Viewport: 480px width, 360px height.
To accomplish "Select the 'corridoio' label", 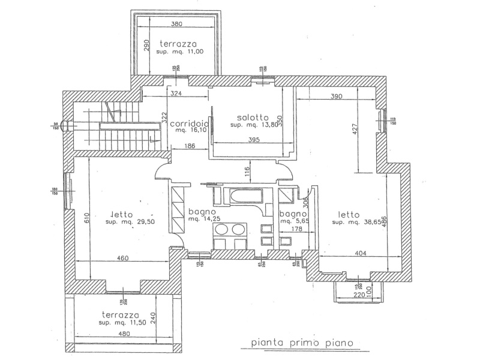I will pyautogui.click(x=189, y=124).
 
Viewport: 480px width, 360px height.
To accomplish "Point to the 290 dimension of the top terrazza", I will pyautogui.click(x=145, y=47).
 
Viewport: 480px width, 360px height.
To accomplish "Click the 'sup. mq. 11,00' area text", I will pyautogui.click(x=181, y=53).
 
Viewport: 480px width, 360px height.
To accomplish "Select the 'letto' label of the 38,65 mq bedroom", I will pyautogui.click(x=348, y=214).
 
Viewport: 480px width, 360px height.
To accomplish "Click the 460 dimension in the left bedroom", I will pyautogui.click(x=123, y=259).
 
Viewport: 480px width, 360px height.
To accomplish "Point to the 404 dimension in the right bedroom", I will pyautogui.click(x=361, y=254).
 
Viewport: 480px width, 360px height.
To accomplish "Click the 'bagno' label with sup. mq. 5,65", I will pyautogui.click(x=293, y=214).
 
